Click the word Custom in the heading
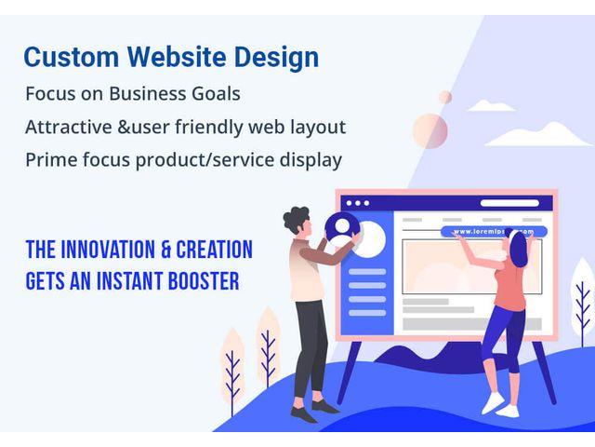point(72,57)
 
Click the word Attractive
point(69,127)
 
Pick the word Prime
point(51,159)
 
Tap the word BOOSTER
point(204,281)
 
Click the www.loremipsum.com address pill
point(494,231)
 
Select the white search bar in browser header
point(509,203)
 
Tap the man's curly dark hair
point(296,219)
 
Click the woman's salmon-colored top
point(510,288)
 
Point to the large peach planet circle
point(430,130)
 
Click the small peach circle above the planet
point(445,97)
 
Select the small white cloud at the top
point(491,105)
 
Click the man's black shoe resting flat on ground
point(324,407)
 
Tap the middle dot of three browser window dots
point(357,203)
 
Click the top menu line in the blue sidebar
point(367,272)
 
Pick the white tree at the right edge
point(583,300)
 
